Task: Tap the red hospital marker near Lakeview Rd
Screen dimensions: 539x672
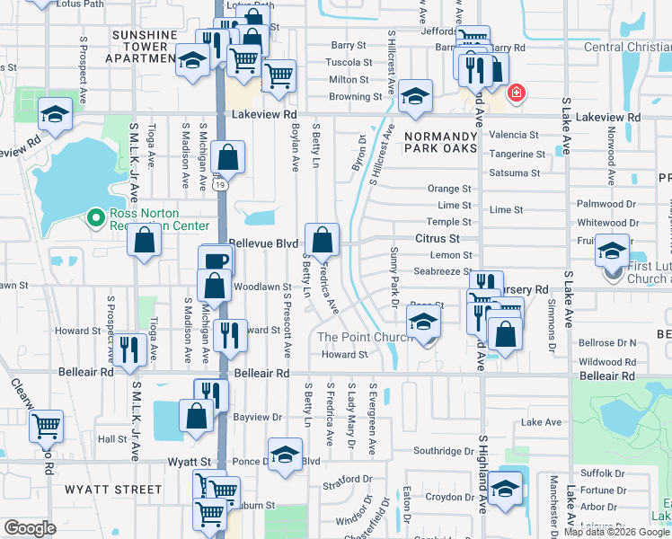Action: pyautogui.click(x=517, y=93)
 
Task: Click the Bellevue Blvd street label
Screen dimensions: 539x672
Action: pyautogui.click(x=263, y=243)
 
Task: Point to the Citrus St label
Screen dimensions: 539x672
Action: pyautogui.click(x=438, y=239)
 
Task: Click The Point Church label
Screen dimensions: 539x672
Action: pyautogui.click(x=364, y=338)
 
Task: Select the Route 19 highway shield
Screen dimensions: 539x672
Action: pyautogui.click(x=220, y=185)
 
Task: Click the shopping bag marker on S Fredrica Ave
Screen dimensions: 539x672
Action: pyautogui.click(x=322, y=240)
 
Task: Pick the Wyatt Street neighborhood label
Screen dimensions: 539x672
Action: pyautogui.click(x=112, y=490)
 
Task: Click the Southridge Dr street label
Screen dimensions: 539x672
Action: pyautogui.click(x=437, y=451)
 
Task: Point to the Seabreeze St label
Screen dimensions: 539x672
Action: pyautogui.click(x=442, y=271)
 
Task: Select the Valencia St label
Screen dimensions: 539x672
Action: pyautogui.click(x=515, y=136)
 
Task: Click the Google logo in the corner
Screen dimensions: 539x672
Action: pyautogui.click(x=30, y=528)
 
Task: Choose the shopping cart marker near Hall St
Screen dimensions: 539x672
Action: pyautogui.click(x=47, y=425)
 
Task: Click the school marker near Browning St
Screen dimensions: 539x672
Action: pyautogui.click(x=414, y=97)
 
